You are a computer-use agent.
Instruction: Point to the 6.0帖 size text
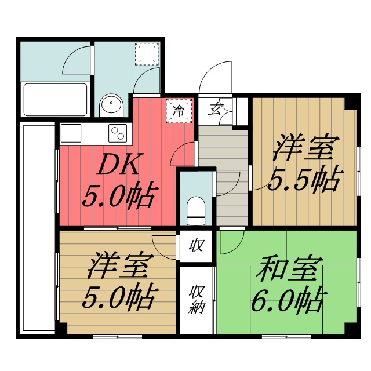[286, 300]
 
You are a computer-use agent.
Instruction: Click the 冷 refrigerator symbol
[180, 110]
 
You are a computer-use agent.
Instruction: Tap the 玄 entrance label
[217, 108]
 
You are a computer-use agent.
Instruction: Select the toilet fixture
[196, 210]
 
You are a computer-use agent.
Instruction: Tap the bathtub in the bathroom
[54, 100]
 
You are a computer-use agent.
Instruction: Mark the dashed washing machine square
[146, 53]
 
